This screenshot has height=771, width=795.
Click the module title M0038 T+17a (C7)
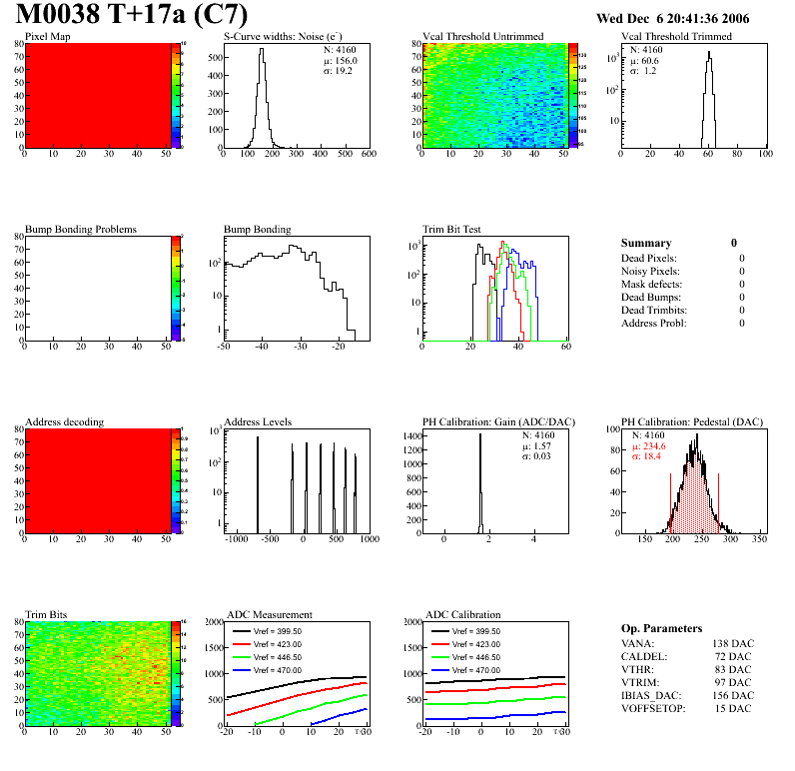[x=131, y=16]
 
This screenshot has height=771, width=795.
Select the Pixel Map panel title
[x=48, y=37]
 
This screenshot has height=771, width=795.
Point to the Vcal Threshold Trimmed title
[x=676, y=37]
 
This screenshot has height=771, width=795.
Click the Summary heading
[x=646, y=243]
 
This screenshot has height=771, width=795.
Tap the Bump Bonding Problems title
[x=80, y=230]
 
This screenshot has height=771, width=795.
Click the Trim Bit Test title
[x=452, y=230]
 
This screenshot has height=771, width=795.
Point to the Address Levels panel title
[x=258, y=422]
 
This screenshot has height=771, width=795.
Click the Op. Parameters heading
[x=661, y=628]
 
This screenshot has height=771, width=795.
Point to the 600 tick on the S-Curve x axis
[x=369, y=155]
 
